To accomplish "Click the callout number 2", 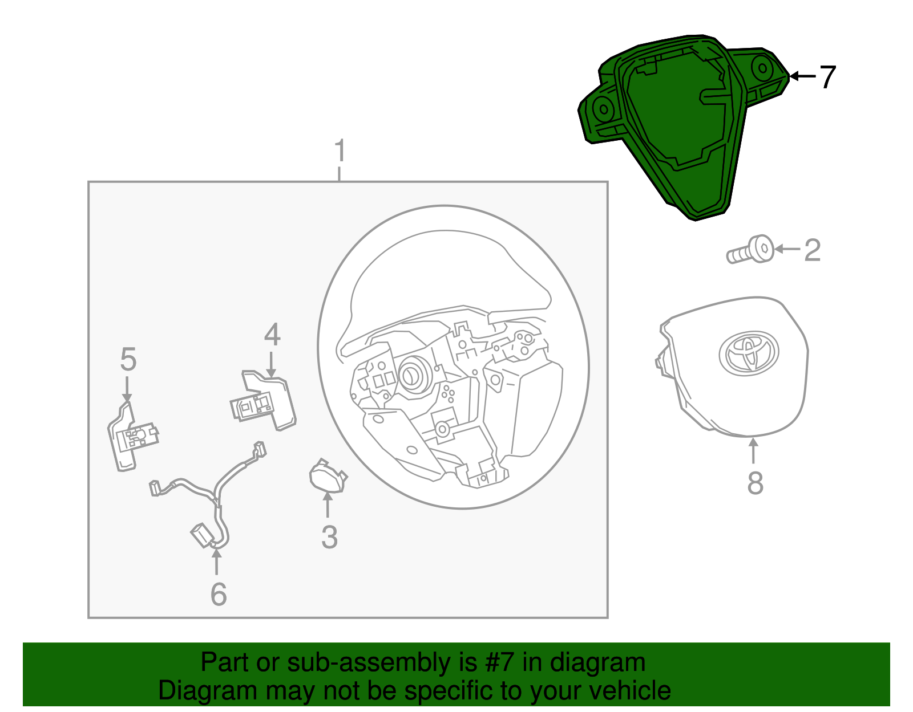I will coord(812,250).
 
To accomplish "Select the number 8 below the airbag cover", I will coord(755,483).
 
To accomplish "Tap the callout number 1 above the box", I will coord(340,151).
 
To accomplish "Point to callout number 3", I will coord(329,537).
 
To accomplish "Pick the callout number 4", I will coord(272,335).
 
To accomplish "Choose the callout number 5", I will coord(128,360).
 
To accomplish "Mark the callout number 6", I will coord(219,594).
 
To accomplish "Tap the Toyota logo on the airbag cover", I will coord(749,353).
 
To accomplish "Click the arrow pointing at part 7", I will coord(802,76).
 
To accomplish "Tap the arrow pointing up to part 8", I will coord(754,450).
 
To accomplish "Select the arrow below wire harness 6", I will coord(216,561).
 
